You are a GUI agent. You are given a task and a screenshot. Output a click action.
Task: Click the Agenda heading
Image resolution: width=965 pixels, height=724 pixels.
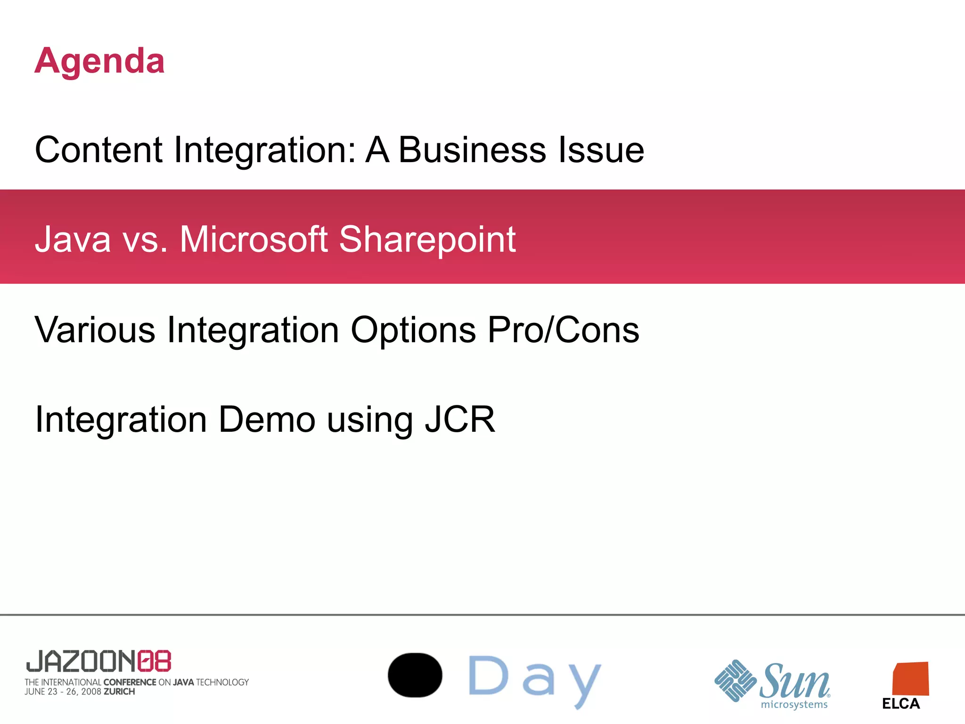[x=99, y=61]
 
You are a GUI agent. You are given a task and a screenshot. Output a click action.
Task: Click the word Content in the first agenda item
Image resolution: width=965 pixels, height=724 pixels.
[x=98, y=150]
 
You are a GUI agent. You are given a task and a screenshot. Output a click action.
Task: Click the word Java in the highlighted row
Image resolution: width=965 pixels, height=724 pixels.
[x=73, y=239]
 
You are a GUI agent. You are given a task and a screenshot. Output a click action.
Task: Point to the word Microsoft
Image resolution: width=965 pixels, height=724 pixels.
[x=254, y=239]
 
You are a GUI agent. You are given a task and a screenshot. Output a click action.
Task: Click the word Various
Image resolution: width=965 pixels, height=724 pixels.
[x=95, y=329]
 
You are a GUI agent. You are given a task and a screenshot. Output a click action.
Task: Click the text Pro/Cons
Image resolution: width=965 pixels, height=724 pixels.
[x=563, y=329]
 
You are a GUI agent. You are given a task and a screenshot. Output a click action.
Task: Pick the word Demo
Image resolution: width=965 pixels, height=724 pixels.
[x=267, y=419]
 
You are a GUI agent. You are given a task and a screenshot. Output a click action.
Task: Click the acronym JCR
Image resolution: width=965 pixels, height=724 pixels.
[x=460, y=419]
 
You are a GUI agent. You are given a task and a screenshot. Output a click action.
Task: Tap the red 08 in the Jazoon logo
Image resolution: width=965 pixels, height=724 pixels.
[x=155, y=661]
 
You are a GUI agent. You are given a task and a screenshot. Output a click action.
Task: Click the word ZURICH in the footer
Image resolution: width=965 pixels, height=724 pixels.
[x=119, y=692]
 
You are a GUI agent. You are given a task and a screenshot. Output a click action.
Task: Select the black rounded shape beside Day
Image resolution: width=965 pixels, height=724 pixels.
[x=415, y=675]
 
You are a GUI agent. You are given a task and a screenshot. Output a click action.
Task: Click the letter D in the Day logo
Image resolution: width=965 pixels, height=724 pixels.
[x=488, y=676]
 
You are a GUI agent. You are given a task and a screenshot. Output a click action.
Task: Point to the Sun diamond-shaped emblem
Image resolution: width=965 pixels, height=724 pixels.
[x=735, y=681]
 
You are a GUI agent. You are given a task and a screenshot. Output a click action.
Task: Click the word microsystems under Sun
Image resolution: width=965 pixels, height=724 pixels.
[x=794, y=705]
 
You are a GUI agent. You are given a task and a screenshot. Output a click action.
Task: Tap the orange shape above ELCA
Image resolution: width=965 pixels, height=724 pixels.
[x=910, y=679]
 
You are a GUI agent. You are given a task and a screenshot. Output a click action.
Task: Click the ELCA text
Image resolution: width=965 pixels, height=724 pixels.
[x=901, y=704]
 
